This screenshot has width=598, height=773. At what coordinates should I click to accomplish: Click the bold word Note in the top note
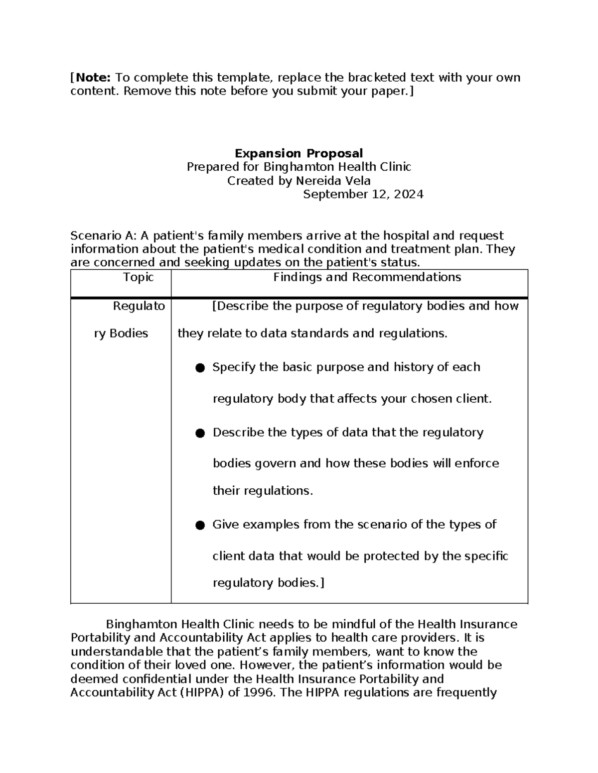tap(93, 78)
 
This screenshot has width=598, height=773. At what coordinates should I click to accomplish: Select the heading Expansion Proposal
tap(299, 153)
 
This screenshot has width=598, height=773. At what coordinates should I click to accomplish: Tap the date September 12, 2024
tap(363, 194)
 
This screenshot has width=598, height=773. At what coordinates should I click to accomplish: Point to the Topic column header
tap(138, 277)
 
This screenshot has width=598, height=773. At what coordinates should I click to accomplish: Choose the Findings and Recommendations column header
tap(367, 277)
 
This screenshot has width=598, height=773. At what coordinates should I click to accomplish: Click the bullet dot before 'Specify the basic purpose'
tap(200, 368)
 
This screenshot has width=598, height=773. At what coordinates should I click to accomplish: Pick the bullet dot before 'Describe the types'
tap(200, 433)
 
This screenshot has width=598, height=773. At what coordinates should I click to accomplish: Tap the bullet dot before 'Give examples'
tap(200, 525)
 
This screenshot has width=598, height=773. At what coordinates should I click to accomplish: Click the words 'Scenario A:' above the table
tap(103, 235)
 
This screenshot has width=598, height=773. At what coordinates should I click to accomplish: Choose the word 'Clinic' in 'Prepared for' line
tap(394, 167)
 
